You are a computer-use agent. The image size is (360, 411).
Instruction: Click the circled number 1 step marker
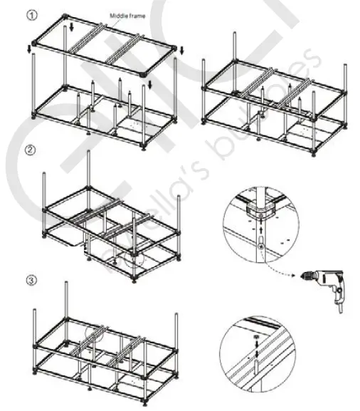point(31,14)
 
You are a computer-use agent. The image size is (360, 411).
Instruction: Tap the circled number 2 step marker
point(31,150)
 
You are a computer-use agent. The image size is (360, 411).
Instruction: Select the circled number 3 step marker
point(31,280)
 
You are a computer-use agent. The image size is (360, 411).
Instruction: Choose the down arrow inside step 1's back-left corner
point(72,28)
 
